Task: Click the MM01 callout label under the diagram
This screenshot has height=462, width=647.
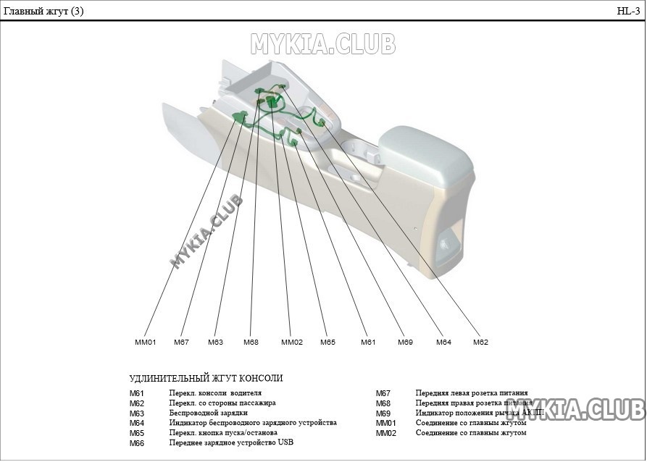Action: click(145, 343)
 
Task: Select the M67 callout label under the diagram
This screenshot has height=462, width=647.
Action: click(181, 343)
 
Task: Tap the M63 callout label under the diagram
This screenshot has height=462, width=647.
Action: click(215, 343)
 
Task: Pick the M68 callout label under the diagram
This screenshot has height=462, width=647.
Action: click(251, 343)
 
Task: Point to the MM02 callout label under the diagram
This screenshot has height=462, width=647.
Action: click(291, 343)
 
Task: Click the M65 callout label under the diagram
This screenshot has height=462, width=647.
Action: click(327, 343)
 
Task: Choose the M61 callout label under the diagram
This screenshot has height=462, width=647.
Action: click(368, 343)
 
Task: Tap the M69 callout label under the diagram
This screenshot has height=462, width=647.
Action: click(405, 343)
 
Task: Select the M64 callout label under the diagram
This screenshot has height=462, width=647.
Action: click(443, 343)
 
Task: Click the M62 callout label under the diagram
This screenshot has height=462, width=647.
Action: click(480, 343)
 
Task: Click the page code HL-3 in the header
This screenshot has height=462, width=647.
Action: click(627, 11)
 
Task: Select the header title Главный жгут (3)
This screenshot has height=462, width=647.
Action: click(43, 11)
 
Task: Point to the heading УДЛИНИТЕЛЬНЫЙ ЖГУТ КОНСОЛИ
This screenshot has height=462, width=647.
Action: click(206, 379)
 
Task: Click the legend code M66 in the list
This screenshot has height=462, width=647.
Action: click(137, 443)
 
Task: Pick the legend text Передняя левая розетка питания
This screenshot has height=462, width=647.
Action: click(472, 393)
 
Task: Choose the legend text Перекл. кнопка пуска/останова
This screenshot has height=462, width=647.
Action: click(223, 432)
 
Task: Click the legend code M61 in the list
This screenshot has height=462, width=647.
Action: click(137, 393)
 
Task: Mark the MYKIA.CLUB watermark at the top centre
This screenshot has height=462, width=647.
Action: click(323, 45)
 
